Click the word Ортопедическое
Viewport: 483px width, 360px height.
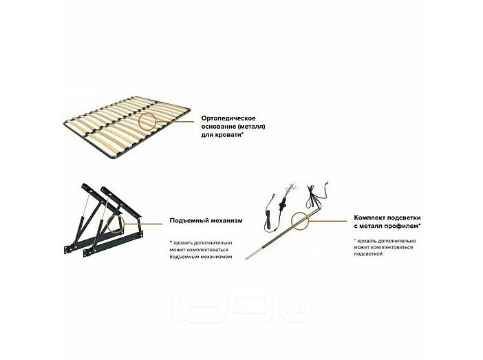click(228, 118)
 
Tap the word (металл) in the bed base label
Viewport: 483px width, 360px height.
click(251, 127)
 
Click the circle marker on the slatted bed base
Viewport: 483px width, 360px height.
click(138, 121)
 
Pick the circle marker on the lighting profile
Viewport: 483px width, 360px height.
click(292, 221)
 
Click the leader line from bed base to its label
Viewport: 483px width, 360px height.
click(175, 121)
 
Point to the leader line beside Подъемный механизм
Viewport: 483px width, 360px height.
click(144, 224)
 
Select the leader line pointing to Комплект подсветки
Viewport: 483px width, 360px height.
click(328, 221)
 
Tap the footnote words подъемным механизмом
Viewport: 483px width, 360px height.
click(201, 257)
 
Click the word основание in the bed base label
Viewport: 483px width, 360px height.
click(218, 127)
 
